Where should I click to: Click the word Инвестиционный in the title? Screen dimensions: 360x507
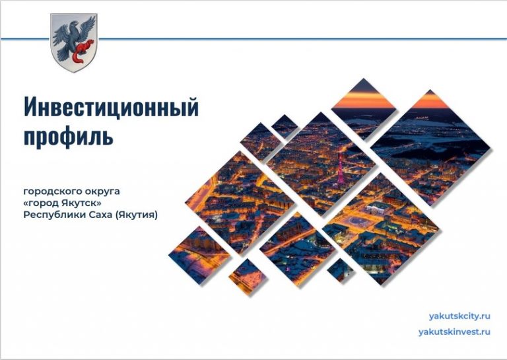111,106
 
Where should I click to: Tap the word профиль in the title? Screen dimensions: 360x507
68,136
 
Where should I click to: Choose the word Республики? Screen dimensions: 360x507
51,215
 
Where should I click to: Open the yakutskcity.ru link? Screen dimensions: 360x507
459,316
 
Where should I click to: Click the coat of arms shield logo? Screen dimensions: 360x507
74,43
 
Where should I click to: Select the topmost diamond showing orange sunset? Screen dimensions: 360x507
362,102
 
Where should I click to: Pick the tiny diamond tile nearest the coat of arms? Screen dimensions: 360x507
285,126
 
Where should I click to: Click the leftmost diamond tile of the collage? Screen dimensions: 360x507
199,254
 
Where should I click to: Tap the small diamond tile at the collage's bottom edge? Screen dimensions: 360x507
341,269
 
